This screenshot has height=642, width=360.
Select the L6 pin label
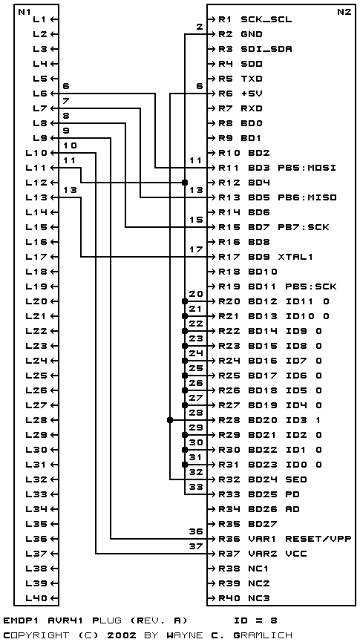tap(40, 94)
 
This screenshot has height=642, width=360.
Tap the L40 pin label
tap(39, 598)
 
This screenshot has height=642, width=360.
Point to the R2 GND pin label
tap(240, 34)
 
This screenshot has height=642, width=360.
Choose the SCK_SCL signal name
tap(266, 19)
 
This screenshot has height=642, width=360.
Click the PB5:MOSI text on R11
tap(310, 168)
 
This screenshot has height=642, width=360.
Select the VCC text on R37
tap(295, 554)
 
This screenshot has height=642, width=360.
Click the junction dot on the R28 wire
tap(170, 420)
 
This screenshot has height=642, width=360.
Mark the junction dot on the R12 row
tap(185, 182)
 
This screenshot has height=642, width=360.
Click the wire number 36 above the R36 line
tap(196, 531)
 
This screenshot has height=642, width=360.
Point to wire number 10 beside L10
tap(70, 145)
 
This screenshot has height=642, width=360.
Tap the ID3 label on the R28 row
tap(295, 420)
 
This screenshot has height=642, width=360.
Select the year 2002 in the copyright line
tap(122, 635)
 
